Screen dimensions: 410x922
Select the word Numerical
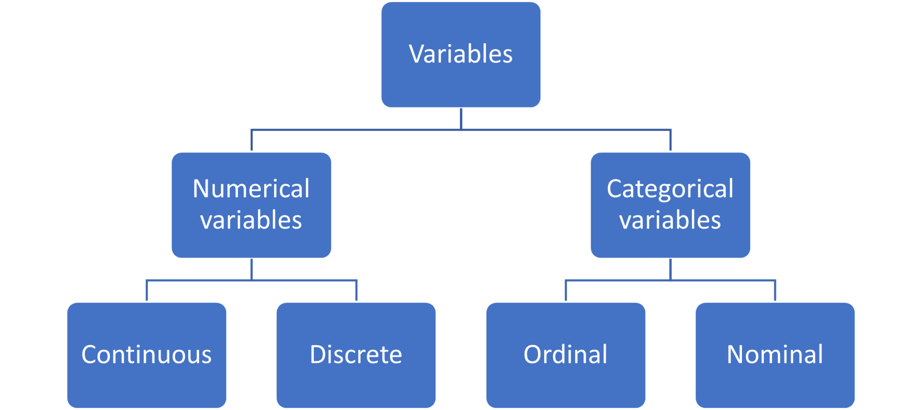tap(251, 188)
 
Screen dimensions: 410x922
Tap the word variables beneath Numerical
tap(251, 220)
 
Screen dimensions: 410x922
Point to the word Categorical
tap(670, 189)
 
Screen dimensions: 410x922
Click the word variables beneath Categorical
tap(670, 220)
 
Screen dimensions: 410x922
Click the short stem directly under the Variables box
tap(461, 119)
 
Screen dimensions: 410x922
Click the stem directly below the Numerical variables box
tap(251, 269)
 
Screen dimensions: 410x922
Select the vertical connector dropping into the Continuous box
tap(147, 291)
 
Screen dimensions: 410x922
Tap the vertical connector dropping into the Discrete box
tap(356, 291)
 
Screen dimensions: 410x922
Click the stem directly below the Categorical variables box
tap(670, 269)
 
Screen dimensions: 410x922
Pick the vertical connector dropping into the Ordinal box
tap(565, 291)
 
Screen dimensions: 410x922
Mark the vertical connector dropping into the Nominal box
tap(775, 291)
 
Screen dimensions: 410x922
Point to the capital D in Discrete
tap(317, 354)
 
